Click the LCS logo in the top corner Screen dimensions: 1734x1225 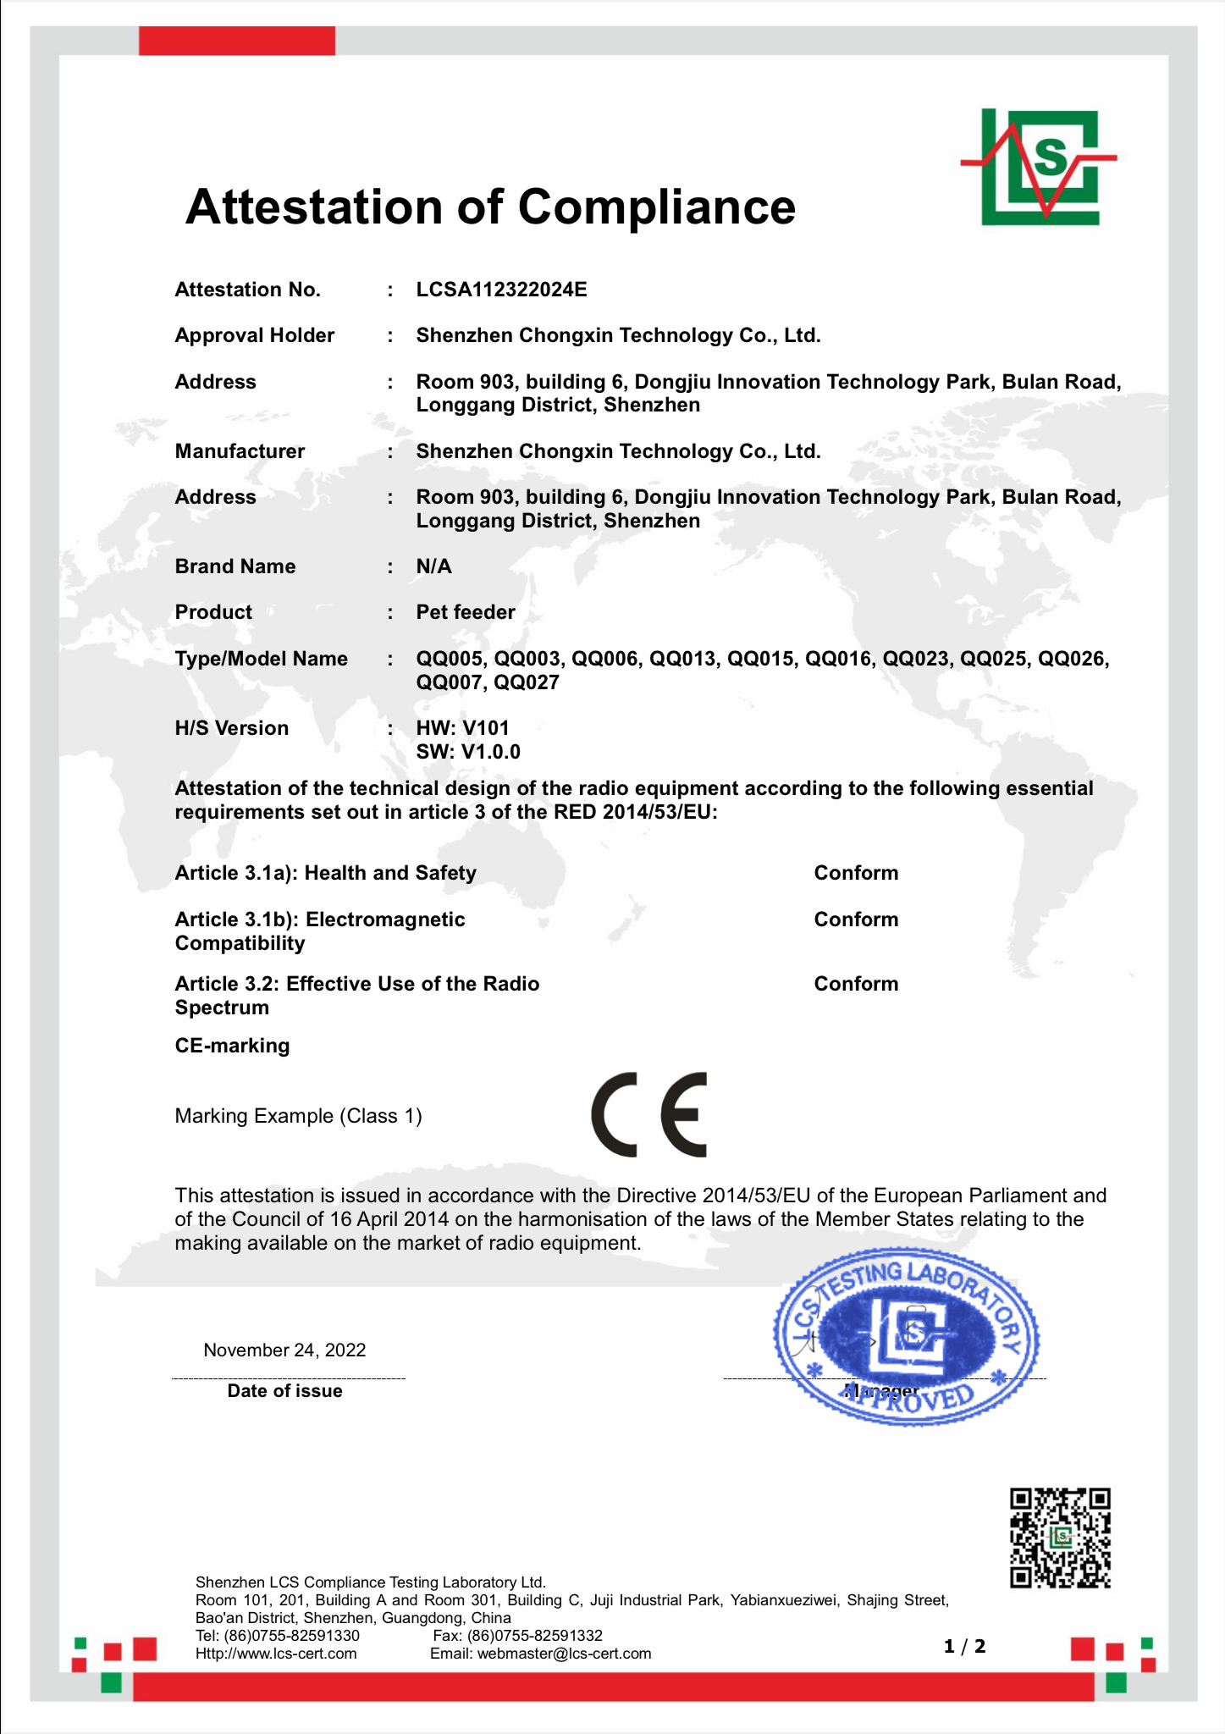(x=1040, y=166)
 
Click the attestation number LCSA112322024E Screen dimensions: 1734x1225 (x=501, y=290)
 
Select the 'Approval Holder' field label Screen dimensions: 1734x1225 (x=254, y=335)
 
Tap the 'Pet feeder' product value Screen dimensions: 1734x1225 (x=465, y=612)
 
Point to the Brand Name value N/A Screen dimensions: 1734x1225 (x=433, y=566)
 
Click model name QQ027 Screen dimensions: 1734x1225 (x=527, y=682)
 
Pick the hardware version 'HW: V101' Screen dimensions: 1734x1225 (x=462, y=728)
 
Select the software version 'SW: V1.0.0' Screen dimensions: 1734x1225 (x=468, y=752)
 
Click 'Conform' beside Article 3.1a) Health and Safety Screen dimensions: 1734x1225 (x=856, y=873)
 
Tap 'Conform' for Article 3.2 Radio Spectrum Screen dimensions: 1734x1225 (x=856, y=984)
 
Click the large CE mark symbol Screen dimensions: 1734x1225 (x=648, y=1114)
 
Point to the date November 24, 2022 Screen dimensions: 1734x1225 (x=284, y=1350)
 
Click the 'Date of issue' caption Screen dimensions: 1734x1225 (x=284, y=1391)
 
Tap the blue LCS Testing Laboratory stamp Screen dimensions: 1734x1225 (x=906, y=1337)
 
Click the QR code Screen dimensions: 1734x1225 (x=1060, y=1538)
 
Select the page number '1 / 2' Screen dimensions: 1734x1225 (x=964, y=1646)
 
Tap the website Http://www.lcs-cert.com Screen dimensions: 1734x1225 (x=276, y=1654)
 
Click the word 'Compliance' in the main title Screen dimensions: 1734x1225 (x=656, y=207)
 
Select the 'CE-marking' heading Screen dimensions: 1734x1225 (x=232, y=1046)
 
